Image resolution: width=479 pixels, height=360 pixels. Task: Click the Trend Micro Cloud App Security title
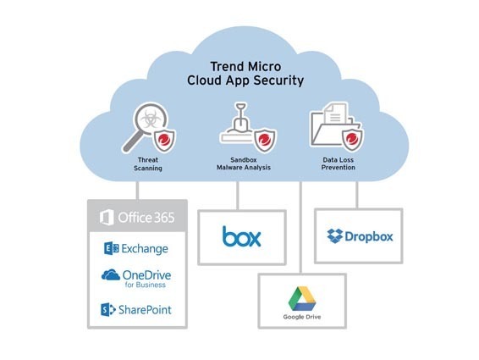[245, 74]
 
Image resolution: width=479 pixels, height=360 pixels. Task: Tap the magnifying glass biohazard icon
[146, 127]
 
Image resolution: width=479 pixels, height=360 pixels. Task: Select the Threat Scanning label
[148, 164]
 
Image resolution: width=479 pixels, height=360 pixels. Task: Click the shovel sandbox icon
[238, 123]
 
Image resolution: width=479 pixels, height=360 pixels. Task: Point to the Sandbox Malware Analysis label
[244, 163]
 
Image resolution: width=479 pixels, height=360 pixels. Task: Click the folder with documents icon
[332, 125]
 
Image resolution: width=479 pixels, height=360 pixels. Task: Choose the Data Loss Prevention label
[339, 163]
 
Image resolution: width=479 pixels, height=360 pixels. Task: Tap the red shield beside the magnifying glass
[165, 141]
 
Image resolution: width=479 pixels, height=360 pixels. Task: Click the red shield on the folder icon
[353, 140]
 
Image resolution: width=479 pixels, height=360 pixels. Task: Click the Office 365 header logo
[137, 218]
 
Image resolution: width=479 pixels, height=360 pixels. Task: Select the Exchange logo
[136, 249]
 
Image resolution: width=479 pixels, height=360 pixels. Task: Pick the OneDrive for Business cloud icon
[111, 275]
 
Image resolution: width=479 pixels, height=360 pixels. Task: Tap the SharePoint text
[145, 310]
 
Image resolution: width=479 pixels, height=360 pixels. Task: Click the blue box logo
[242, 236]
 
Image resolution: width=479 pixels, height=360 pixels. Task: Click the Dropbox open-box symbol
[335, 235]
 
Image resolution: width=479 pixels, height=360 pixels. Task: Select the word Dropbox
[369, 236]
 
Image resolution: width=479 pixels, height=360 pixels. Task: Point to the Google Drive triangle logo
[302, 299]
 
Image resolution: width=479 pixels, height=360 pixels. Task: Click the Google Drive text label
[302, 317]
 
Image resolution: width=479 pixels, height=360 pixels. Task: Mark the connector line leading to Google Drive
[301, 227]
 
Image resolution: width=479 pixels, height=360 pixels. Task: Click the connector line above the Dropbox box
[357, 195]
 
